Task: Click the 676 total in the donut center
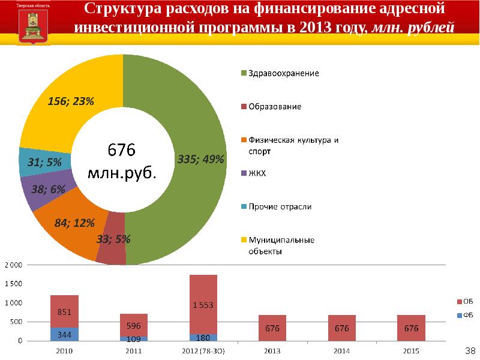click(x=122, y=149)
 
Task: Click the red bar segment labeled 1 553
click(x=203, y=304)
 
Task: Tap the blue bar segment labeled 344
click(x=64, y=334)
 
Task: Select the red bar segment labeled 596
click(x=133, y=325)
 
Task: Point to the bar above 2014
click(x=342, y=328)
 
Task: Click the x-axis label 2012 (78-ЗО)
click(x=203, y=349)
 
